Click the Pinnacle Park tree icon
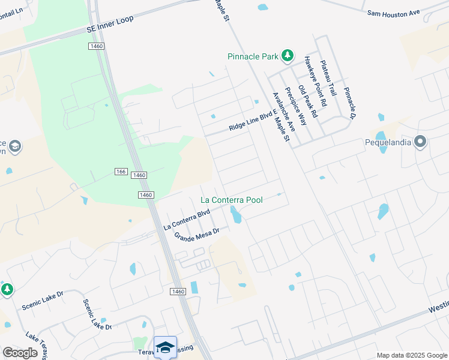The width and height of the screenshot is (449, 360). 288,56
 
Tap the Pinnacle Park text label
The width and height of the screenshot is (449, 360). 253,56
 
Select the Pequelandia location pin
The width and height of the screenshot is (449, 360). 420,142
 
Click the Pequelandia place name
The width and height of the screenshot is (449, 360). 389,143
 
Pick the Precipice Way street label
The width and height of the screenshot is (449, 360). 295,106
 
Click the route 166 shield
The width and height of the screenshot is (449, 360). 121,172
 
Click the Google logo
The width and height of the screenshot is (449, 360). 20,352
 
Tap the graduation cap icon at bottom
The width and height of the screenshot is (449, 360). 165,347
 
